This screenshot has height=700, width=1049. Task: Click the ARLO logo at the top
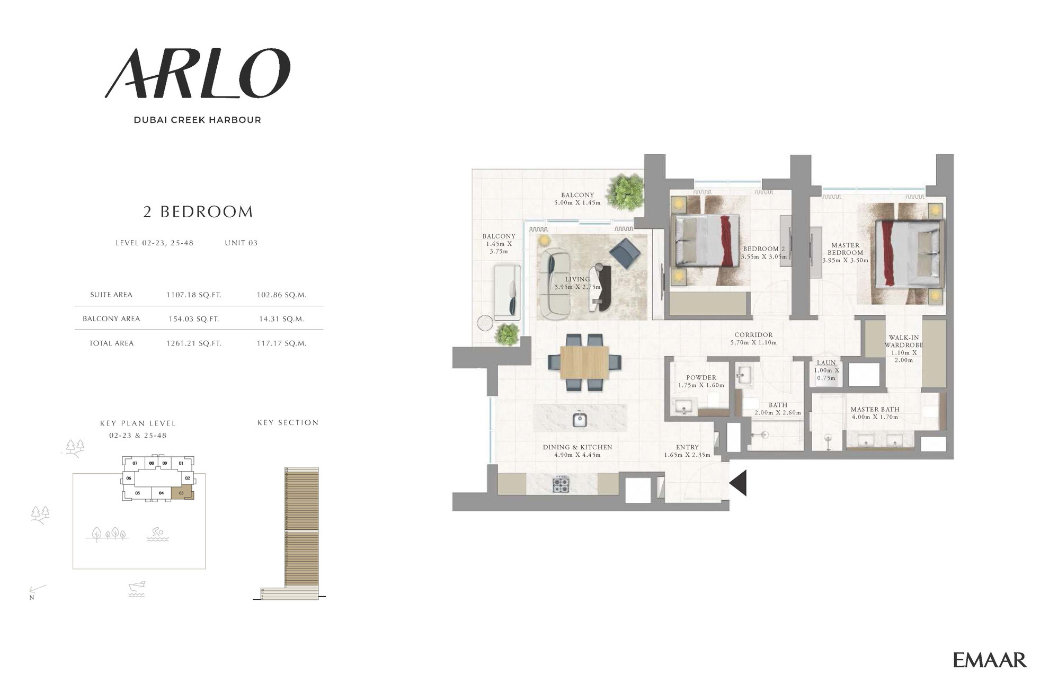pos(197,74)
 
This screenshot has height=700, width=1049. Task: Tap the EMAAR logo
pos(990,660)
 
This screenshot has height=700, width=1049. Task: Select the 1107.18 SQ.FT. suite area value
pos(194,295)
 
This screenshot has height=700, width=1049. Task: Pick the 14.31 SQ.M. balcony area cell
pos(282,319)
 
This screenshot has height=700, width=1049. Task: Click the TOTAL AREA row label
pos(111,343)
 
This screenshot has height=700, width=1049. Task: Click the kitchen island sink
pos(580,419)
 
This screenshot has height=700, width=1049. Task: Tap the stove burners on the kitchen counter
pos(561,484)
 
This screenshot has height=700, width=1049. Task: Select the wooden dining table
pos(584,362)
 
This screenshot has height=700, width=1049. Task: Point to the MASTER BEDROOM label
pos(845,249)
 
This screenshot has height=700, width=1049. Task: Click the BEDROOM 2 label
pos(764,249)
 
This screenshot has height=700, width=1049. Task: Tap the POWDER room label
pos(701,378)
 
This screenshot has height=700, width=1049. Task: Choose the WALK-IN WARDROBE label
pos(904,341)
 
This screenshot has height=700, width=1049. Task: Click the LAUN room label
pos(826,363)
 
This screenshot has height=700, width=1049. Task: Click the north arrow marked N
pos(37,590)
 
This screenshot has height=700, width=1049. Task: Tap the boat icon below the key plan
pos(137,589)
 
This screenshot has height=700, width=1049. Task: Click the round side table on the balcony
pos(485,323)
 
